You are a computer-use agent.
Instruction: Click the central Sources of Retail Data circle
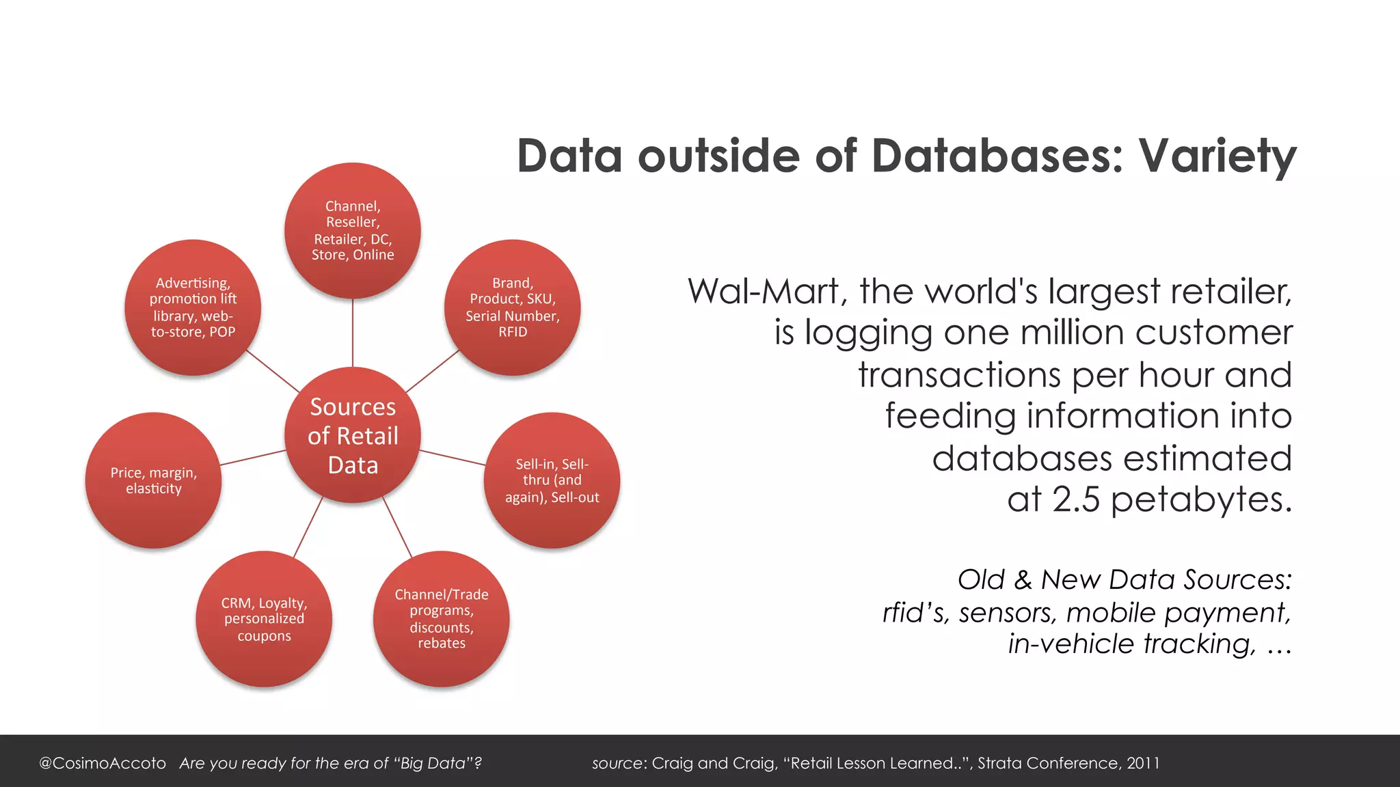tap(353, 435)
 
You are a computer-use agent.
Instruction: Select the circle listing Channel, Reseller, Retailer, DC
tap(353, 230)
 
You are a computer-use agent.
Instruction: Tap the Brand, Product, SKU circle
tap(513, 307)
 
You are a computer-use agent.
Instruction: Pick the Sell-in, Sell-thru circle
tap(552, 480)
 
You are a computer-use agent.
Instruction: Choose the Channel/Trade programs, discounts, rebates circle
tap(442, 618)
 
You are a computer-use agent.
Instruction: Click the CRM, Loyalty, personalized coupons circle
tap(264, 618)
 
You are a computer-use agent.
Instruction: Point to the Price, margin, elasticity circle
tap(154, 480)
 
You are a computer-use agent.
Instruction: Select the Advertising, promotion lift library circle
tap(193, 307)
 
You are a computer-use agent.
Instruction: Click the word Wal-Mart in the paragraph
tap(764, 292)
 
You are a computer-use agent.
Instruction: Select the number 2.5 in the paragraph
tap(1076, 499)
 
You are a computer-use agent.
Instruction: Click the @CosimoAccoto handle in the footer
tap(103, 763)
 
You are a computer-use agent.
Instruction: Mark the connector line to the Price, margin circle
tap(253, 457)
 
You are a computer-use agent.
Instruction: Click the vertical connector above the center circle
tap(353, 333)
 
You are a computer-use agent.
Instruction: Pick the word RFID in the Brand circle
tap(513, 332)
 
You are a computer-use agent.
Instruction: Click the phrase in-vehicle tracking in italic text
tap(1132, 644)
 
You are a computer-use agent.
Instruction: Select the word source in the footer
tap(617, 763)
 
